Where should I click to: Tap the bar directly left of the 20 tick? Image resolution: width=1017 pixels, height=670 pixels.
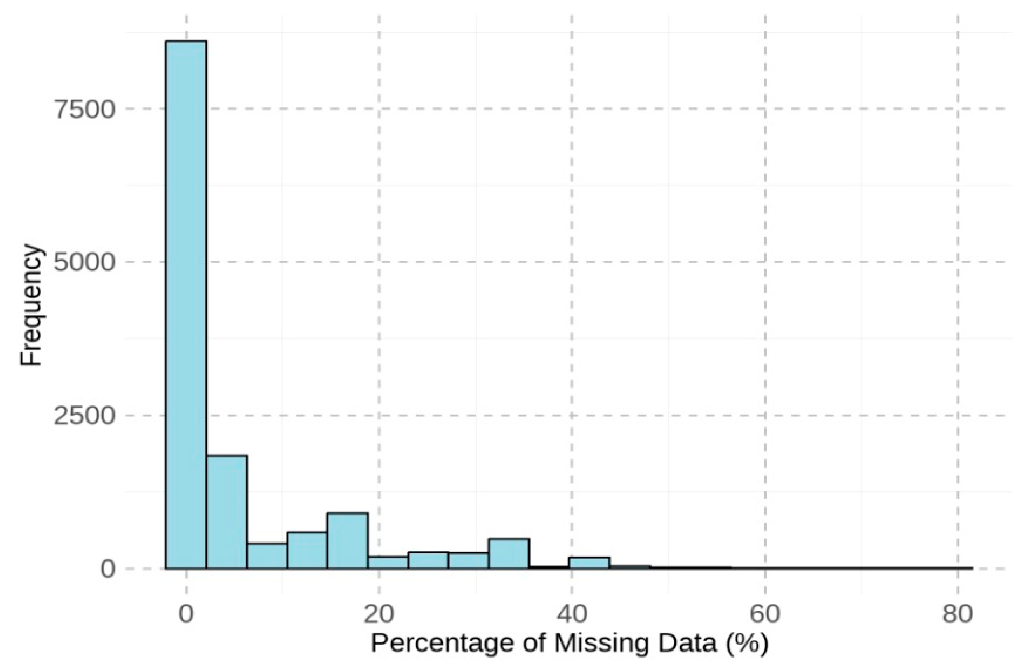348,541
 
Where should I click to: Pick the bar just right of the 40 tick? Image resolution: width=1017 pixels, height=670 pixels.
589,563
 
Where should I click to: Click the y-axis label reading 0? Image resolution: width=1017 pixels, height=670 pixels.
108,569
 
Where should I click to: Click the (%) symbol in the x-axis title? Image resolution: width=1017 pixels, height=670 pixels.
748,645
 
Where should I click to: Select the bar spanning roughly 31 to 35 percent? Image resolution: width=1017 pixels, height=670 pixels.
509,553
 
